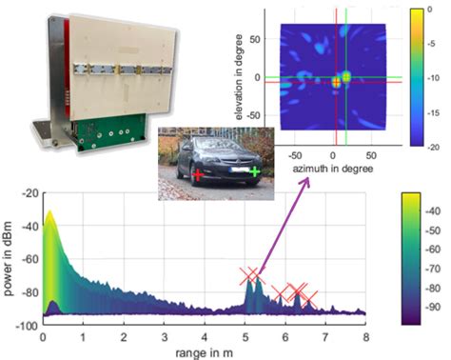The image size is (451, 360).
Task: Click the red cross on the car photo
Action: (197, 175)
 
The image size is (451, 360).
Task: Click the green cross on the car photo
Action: (255, 172)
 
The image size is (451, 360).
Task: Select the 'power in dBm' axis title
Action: (9, 252)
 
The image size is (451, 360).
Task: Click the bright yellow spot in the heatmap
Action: (336, 82)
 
